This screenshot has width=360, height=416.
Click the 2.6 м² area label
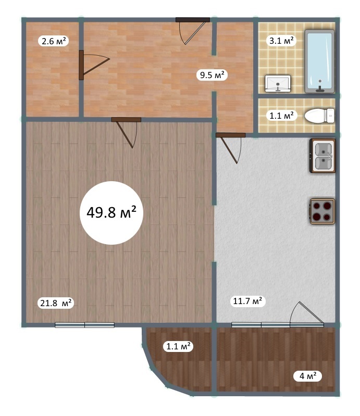tap(54, 41)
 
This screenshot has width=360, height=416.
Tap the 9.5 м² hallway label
tap(212, 75)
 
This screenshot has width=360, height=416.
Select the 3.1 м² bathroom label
tap(281, 41)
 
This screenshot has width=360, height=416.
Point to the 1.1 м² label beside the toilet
tap(281, 116)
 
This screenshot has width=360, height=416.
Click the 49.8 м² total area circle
tap(111, 213)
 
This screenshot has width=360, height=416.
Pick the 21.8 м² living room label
tap(56, 302)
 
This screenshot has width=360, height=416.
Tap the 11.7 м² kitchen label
tap(247, 301)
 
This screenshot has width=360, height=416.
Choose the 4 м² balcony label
tap(308, 376)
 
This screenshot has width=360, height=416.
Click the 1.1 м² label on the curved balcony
tap(178, 346)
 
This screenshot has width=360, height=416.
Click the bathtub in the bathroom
tap(319, 61)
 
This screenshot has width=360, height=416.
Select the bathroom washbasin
tap(278, 84)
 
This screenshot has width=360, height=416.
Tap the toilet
tap(319, 116)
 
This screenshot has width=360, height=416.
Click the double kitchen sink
tap(322, 156)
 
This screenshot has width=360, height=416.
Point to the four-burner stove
tap(322, 211)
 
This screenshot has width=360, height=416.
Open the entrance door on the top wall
tap(192, 31)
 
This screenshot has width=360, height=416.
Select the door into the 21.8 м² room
tap(126, 132)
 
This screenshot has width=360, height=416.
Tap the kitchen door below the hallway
tap(230, 148)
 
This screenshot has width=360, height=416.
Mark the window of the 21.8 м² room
tap(85, 325)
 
